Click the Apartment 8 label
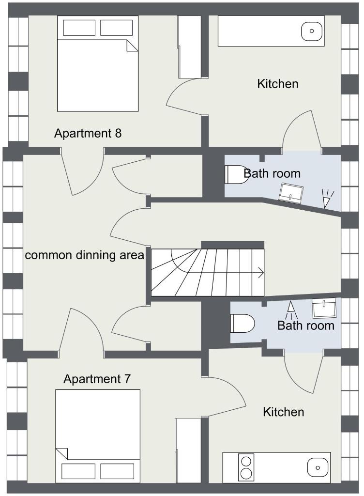pyautogui.click(x=88, y=134)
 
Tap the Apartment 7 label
pyautogui.click(x=97, y=379)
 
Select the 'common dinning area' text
pyautogui.click(x=84, y=255)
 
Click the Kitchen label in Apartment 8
pyautogui.click(x=278, y=84)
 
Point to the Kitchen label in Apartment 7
pyautogui.click(x=284, y=412)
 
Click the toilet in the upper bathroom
pyautogui.click(x=236, y=174)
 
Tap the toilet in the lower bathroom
pyautogui.click(x=243, y=323)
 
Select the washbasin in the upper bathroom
pyautogui.click(x=291, y=193)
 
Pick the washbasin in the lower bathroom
pyautogui.click(x=324, y=308)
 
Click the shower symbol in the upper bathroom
pyautogui.click(x=327, y=198)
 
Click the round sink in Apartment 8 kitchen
pyautogui.click(x=312, y=31)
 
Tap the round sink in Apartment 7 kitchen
pyautogui.click(x=318, y=467)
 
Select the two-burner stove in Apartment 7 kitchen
pyautogui.click(x=246, y=467)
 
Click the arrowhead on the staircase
pyautogui.click(x=261, y=272)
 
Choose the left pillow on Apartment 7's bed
pyautogui.click(x=78, y=471)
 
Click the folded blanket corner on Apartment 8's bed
pyautogui.click(x=133, y=45)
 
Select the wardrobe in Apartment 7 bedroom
pyautogui.click(x=188, y=450)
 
